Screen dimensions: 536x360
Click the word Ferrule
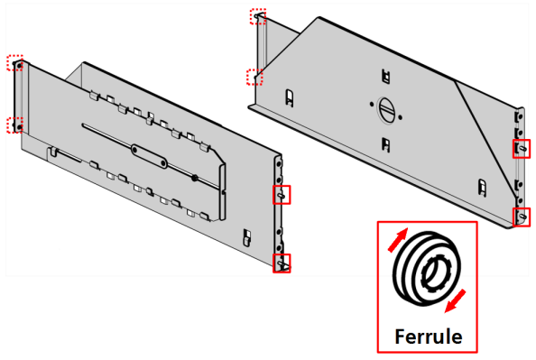429,337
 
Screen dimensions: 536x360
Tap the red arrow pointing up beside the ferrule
398,240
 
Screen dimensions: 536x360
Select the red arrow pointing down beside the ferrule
456,300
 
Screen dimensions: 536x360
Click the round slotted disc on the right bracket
386,109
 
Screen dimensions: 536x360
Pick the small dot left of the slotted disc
372,104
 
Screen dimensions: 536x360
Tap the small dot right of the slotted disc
401,117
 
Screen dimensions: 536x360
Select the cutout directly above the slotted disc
385,76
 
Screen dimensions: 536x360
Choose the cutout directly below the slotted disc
385,144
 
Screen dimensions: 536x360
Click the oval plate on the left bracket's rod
150,156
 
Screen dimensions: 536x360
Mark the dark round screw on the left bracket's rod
195,178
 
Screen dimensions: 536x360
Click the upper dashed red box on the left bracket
15,63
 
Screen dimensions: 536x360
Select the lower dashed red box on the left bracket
15,125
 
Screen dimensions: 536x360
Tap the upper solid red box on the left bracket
282,195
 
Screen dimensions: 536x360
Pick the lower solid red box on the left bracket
282,263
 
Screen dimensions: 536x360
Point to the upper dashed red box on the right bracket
258,16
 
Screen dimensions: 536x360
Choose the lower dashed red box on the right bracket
255,78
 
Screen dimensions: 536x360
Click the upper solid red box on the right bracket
522,149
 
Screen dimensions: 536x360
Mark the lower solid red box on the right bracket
522,217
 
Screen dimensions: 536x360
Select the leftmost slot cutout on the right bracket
289,97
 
